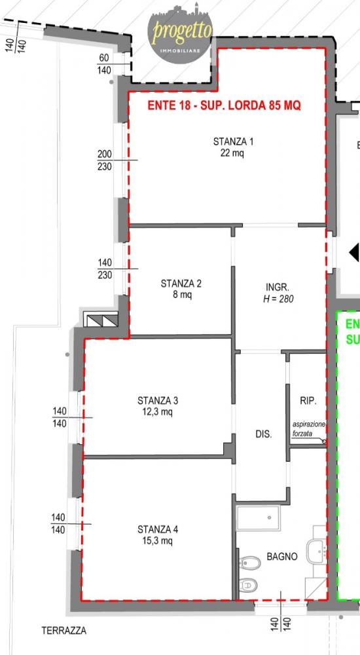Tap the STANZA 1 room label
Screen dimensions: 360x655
click(x=233, y=141)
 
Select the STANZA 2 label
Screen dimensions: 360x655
click(x=181, y=284)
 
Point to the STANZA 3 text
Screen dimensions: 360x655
click(x=158, y=401)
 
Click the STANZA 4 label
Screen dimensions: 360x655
click(x=158, y=530)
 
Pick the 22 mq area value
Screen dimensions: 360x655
click(x=232, y=153)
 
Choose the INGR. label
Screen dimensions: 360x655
click(x=278, y=288)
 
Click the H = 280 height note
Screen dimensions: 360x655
click(x=278, y=299)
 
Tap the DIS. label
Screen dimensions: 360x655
click(x=264, y=434)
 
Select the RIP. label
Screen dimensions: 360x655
click(x=308, y=401)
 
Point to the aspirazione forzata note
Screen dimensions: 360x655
click(x=308, y=429)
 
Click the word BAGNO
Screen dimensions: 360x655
click(x=282, y=556)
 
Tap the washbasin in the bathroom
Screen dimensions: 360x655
click(x=317, y=551)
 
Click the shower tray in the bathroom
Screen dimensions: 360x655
click(x=258, y=518)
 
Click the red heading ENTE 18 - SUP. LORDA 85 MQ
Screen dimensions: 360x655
click(x=224, y=105)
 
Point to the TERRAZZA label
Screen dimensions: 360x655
click(x=64, y=630)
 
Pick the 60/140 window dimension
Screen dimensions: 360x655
click(x=104, y=64)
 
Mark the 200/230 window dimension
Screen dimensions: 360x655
click(x=105, y=160)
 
